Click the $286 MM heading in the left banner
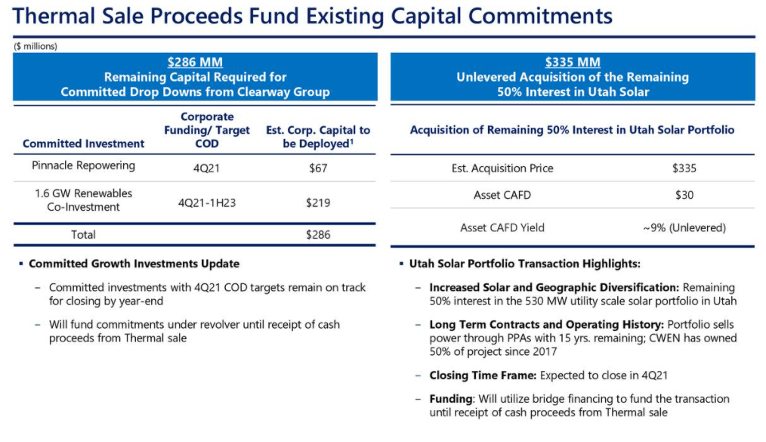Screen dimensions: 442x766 pos(195,63)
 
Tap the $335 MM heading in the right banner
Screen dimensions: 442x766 pos(572,63)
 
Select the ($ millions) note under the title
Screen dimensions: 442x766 pos(36,46)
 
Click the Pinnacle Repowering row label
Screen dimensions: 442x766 pos(83,165)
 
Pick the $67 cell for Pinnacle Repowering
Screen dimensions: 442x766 pos(318,168)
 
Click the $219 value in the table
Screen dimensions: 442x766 pos(318,202)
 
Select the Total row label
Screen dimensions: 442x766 pos(83,234)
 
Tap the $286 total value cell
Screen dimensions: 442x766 pos(318,234)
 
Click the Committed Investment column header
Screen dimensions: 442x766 pos(83,144)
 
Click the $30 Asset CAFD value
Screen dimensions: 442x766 pos(684,195)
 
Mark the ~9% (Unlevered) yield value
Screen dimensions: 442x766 pos(684,227)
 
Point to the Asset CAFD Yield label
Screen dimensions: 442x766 pos(502,227)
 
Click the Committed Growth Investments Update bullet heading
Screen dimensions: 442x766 pos(134,264)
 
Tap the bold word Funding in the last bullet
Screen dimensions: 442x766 pos(450,399)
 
